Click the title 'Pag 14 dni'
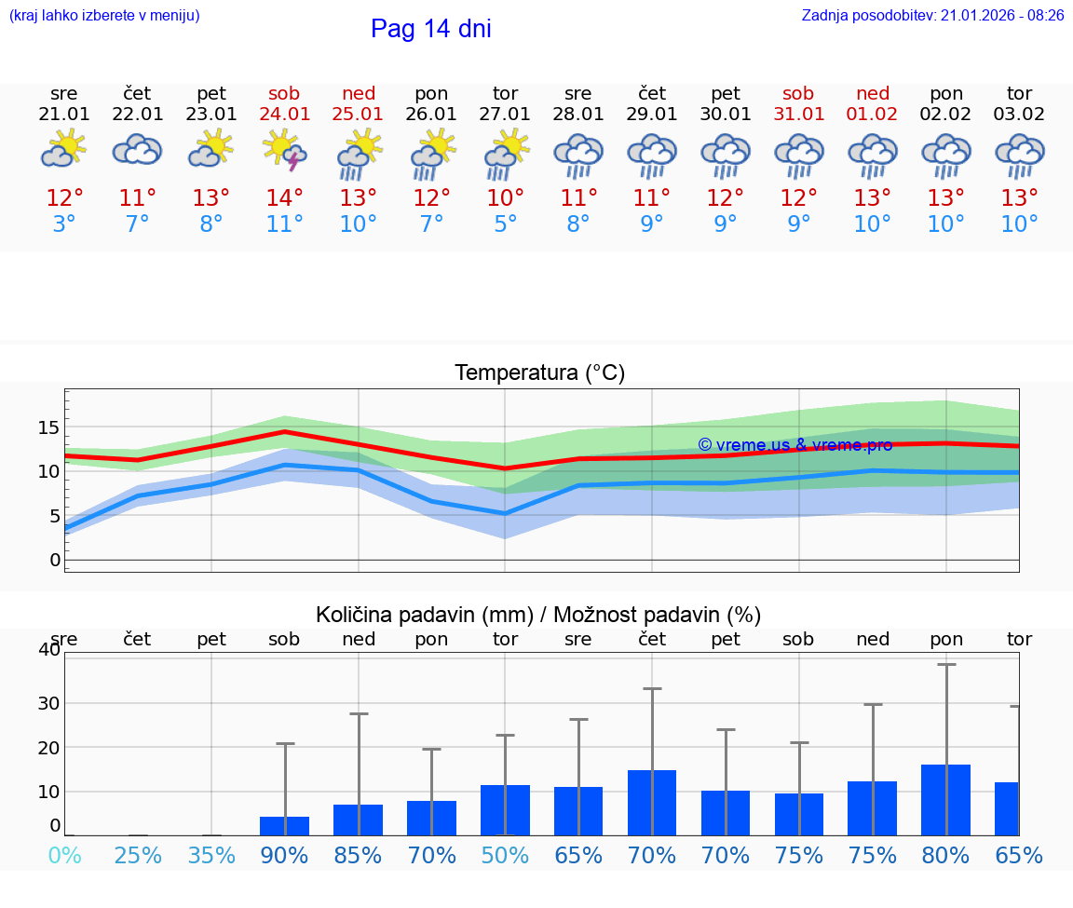(x=430, y=29)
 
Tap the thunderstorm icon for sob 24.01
(x=285, y=150)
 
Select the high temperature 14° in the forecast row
(x=285, y=198)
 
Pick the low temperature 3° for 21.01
(x=64, y=224)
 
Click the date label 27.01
(x=505, y=114)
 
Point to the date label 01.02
(x=873, y=114)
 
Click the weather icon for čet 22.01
(x=138, y=150)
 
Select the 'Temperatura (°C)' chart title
(x=539, y=373)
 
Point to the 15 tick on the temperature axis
(x=48, y=427)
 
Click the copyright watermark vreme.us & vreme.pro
(x=795, y=445)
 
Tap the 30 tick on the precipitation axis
(x=48, y=703)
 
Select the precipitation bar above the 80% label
(x=946, y=800)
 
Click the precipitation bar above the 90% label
(x=285, y=826)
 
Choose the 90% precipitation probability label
(x=285, y=856)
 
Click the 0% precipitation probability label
(x=64, y=856)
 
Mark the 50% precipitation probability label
(x=505, y=856)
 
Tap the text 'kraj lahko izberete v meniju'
(x=103, y=15)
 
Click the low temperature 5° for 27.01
(x=505, y=224)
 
